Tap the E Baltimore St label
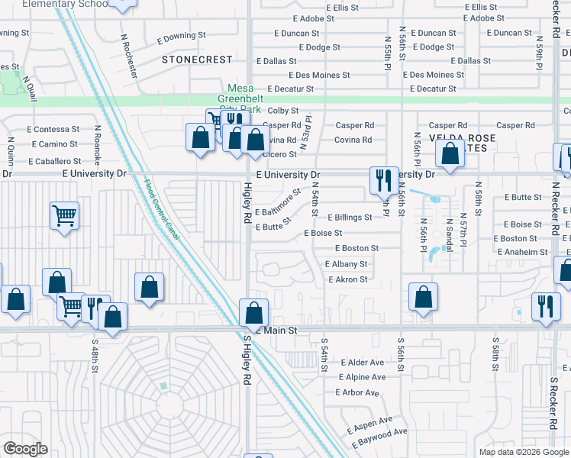(x=278, y=205)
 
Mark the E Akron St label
(x=347, y=279)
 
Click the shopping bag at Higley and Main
(x=253, y=312)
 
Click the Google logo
(x=25, y=449)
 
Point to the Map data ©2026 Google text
(x=523, y=452)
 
